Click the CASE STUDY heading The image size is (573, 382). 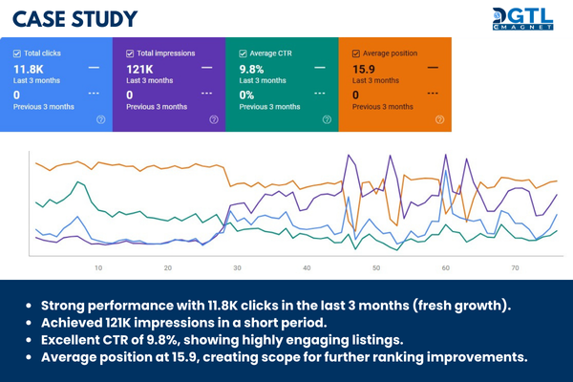(x=75, y=19)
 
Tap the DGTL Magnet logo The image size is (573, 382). (x=524, y=20)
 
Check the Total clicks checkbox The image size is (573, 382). (x=17, y=54)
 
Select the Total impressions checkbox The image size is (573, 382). (x=130, y=54)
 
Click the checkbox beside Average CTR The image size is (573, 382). (x=243, y=54)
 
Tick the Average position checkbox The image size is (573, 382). (x=355, y=54)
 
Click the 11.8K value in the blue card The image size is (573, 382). (x=30, y=69)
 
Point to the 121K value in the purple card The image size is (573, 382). (x=140, y=69)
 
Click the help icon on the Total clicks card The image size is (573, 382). (x=100, y=120)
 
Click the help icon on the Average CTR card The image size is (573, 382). (x=326, y=120)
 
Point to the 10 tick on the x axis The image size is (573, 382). (x=98, y=268)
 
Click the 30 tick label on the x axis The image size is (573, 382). (x=237, y=268)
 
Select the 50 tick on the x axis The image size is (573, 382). (x=377, y=268)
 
